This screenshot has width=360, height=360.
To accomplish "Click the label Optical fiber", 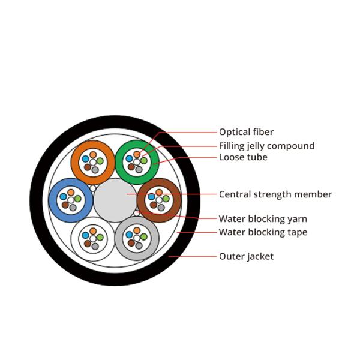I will tap(246, 132).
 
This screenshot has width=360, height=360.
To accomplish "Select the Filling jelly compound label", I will tap(266, 146).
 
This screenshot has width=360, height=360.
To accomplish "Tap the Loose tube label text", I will tap(243, 157).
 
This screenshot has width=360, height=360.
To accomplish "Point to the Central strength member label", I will tap(275, 194).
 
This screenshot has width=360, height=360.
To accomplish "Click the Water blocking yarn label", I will tap(263, 219).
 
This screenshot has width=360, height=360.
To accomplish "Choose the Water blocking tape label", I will tap(263, 232).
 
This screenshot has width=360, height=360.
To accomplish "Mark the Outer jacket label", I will tap(246, 256).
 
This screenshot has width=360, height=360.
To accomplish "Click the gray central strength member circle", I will tap(115, 198).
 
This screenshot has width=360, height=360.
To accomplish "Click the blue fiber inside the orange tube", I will tap(85, 159).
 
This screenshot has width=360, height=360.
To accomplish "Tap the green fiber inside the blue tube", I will tap(77, 199).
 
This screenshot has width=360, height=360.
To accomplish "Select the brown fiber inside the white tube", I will tap(88, 244).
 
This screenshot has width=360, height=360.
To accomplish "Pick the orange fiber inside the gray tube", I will tap(137, 230).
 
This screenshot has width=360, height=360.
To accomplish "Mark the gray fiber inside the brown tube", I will tap(161, 207).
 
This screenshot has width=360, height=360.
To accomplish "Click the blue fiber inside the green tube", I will tap(129, 159).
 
